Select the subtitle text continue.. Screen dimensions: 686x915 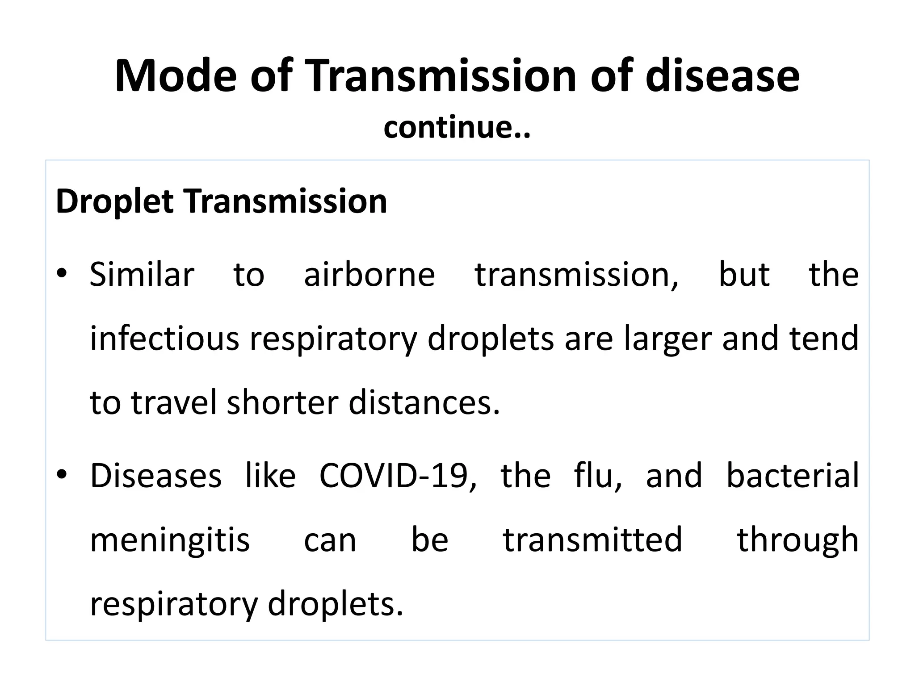pyautogui.click(x=457, y=128)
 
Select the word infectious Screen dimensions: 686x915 pyautogui.click(x=164, y=339)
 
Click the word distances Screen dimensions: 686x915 pyautogui.click(x=424, y=402)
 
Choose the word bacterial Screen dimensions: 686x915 pyautogui.click(x=792, y=475)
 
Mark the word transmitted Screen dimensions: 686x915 pyautogui.click(x=592, y=540)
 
